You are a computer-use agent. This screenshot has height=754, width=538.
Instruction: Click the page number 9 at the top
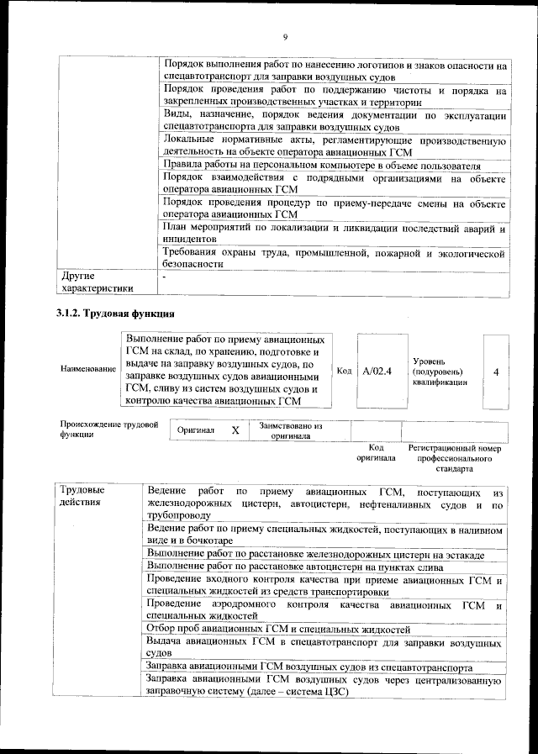[x=285, y=37]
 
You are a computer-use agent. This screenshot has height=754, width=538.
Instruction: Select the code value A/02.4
[x=376, y=371]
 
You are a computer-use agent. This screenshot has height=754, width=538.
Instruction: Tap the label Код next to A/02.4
[x=344, y=371]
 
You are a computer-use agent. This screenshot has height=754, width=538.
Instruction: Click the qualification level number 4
[x=497, y=371]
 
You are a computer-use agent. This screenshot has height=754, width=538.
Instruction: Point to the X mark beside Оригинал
[x=236, y=430]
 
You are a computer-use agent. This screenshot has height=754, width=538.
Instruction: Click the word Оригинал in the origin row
[x=196, y=430]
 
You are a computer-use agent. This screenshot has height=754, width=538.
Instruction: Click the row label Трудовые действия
[x=82, y=496]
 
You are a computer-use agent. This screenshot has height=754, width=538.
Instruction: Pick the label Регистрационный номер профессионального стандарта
[x=454, y=458]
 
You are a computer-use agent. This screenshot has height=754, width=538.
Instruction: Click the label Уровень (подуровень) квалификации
[x=440, y=371]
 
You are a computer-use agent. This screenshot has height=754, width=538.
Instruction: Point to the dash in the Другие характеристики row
[x=165, y=276]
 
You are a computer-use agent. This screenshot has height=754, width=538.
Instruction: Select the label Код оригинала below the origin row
[x=376, y=453]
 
